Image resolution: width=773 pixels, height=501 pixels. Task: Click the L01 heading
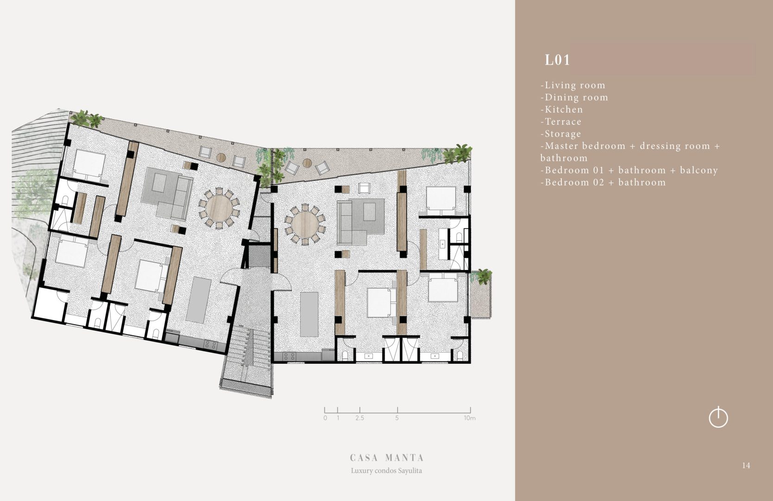coord(557,60)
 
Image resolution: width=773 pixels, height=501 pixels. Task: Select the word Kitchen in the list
coord(564,109)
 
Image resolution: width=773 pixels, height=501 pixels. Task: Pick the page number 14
coord(746,465)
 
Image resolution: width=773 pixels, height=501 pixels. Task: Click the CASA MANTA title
coord(387,458)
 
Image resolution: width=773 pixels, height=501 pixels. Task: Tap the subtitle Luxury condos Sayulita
coord(386,470)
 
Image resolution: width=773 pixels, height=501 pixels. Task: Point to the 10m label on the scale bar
coord(470,418)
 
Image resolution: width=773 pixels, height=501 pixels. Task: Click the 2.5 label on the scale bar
coord(359,418)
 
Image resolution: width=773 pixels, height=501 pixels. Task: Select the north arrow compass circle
coord(718,417)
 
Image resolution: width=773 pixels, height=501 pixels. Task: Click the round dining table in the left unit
coord(220,208)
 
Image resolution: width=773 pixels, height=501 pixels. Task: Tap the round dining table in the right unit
coord(305,225)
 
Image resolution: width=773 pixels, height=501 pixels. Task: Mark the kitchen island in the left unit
coord(198,300)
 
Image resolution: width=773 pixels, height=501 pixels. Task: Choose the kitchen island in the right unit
coord(309,315)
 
